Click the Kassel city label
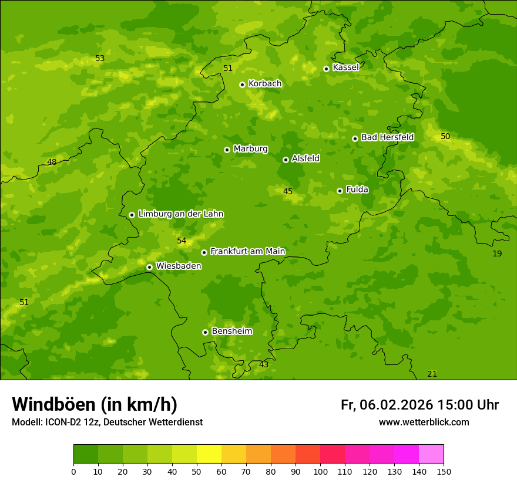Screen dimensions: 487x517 (345, 67)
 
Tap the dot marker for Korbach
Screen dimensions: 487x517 (242, 84)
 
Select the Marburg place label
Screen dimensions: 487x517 (250, 149)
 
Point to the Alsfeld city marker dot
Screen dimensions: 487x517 (286, 160)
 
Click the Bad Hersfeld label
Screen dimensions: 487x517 (387, 137)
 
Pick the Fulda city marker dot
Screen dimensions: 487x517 (340, 191)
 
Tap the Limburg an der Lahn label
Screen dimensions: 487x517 (180, 214)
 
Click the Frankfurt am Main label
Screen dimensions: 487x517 (247, 252)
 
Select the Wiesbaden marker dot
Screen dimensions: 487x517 (149, 267)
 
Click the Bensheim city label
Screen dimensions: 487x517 (231, 332)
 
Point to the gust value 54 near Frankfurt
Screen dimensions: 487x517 (182, 241)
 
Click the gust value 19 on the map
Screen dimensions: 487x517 (497, 253)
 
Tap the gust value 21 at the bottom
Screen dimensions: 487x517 (432, 374)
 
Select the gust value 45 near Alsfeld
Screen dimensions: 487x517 (288, 192)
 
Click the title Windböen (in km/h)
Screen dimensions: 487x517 (95, 404)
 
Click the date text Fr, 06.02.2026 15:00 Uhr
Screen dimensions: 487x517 (419, 405)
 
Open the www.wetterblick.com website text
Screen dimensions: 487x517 (424, 422)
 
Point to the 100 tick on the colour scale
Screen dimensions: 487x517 (320, 472)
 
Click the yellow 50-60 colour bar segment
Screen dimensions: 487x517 (209, 454)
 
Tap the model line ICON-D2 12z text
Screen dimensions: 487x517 (107, 422)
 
